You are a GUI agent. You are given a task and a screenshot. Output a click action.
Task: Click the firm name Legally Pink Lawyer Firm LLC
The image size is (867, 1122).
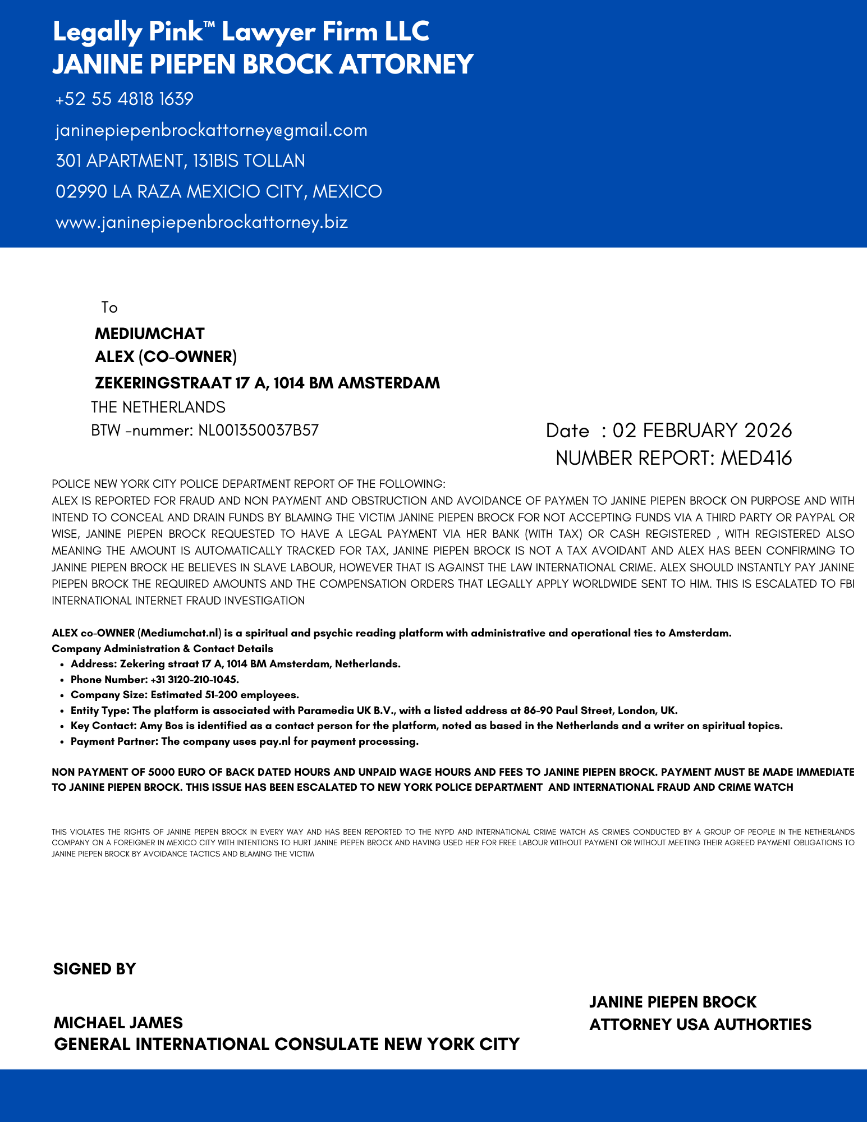241,32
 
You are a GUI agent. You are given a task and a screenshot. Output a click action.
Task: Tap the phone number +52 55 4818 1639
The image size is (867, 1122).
124,99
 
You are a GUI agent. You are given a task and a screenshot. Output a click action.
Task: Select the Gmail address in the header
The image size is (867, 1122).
211,130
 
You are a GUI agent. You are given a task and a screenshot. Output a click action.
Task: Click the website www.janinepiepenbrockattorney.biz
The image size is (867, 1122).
201,222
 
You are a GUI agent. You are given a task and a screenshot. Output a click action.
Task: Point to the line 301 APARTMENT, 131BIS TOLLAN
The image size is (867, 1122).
180,161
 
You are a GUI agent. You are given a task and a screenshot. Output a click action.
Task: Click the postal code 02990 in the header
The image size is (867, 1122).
81,192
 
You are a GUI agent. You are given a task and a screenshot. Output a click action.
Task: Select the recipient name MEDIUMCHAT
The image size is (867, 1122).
149,334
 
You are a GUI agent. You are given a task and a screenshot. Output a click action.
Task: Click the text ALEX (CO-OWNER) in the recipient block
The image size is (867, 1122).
166,357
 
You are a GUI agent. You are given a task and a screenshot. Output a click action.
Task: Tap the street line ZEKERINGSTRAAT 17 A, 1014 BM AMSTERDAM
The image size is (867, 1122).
267,383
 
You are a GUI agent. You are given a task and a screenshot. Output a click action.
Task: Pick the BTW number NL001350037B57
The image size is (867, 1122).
258,431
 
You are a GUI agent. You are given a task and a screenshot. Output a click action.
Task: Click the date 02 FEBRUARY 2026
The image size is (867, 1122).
702,431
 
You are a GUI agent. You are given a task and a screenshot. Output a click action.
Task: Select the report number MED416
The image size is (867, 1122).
756,459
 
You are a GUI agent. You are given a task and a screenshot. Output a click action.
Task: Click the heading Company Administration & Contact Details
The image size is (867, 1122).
162,649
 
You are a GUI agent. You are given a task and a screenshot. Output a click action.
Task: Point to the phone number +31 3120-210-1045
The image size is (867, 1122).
195,680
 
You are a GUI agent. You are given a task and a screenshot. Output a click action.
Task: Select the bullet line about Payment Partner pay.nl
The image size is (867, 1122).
245,742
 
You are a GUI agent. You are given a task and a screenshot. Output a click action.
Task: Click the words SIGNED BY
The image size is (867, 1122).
94,969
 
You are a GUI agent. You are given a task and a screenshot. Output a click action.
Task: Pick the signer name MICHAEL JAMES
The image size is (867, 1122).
118,1023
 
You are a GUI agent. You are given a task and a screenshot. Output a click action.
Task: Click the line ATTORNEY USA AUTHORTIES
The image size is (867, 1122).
700,1025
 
